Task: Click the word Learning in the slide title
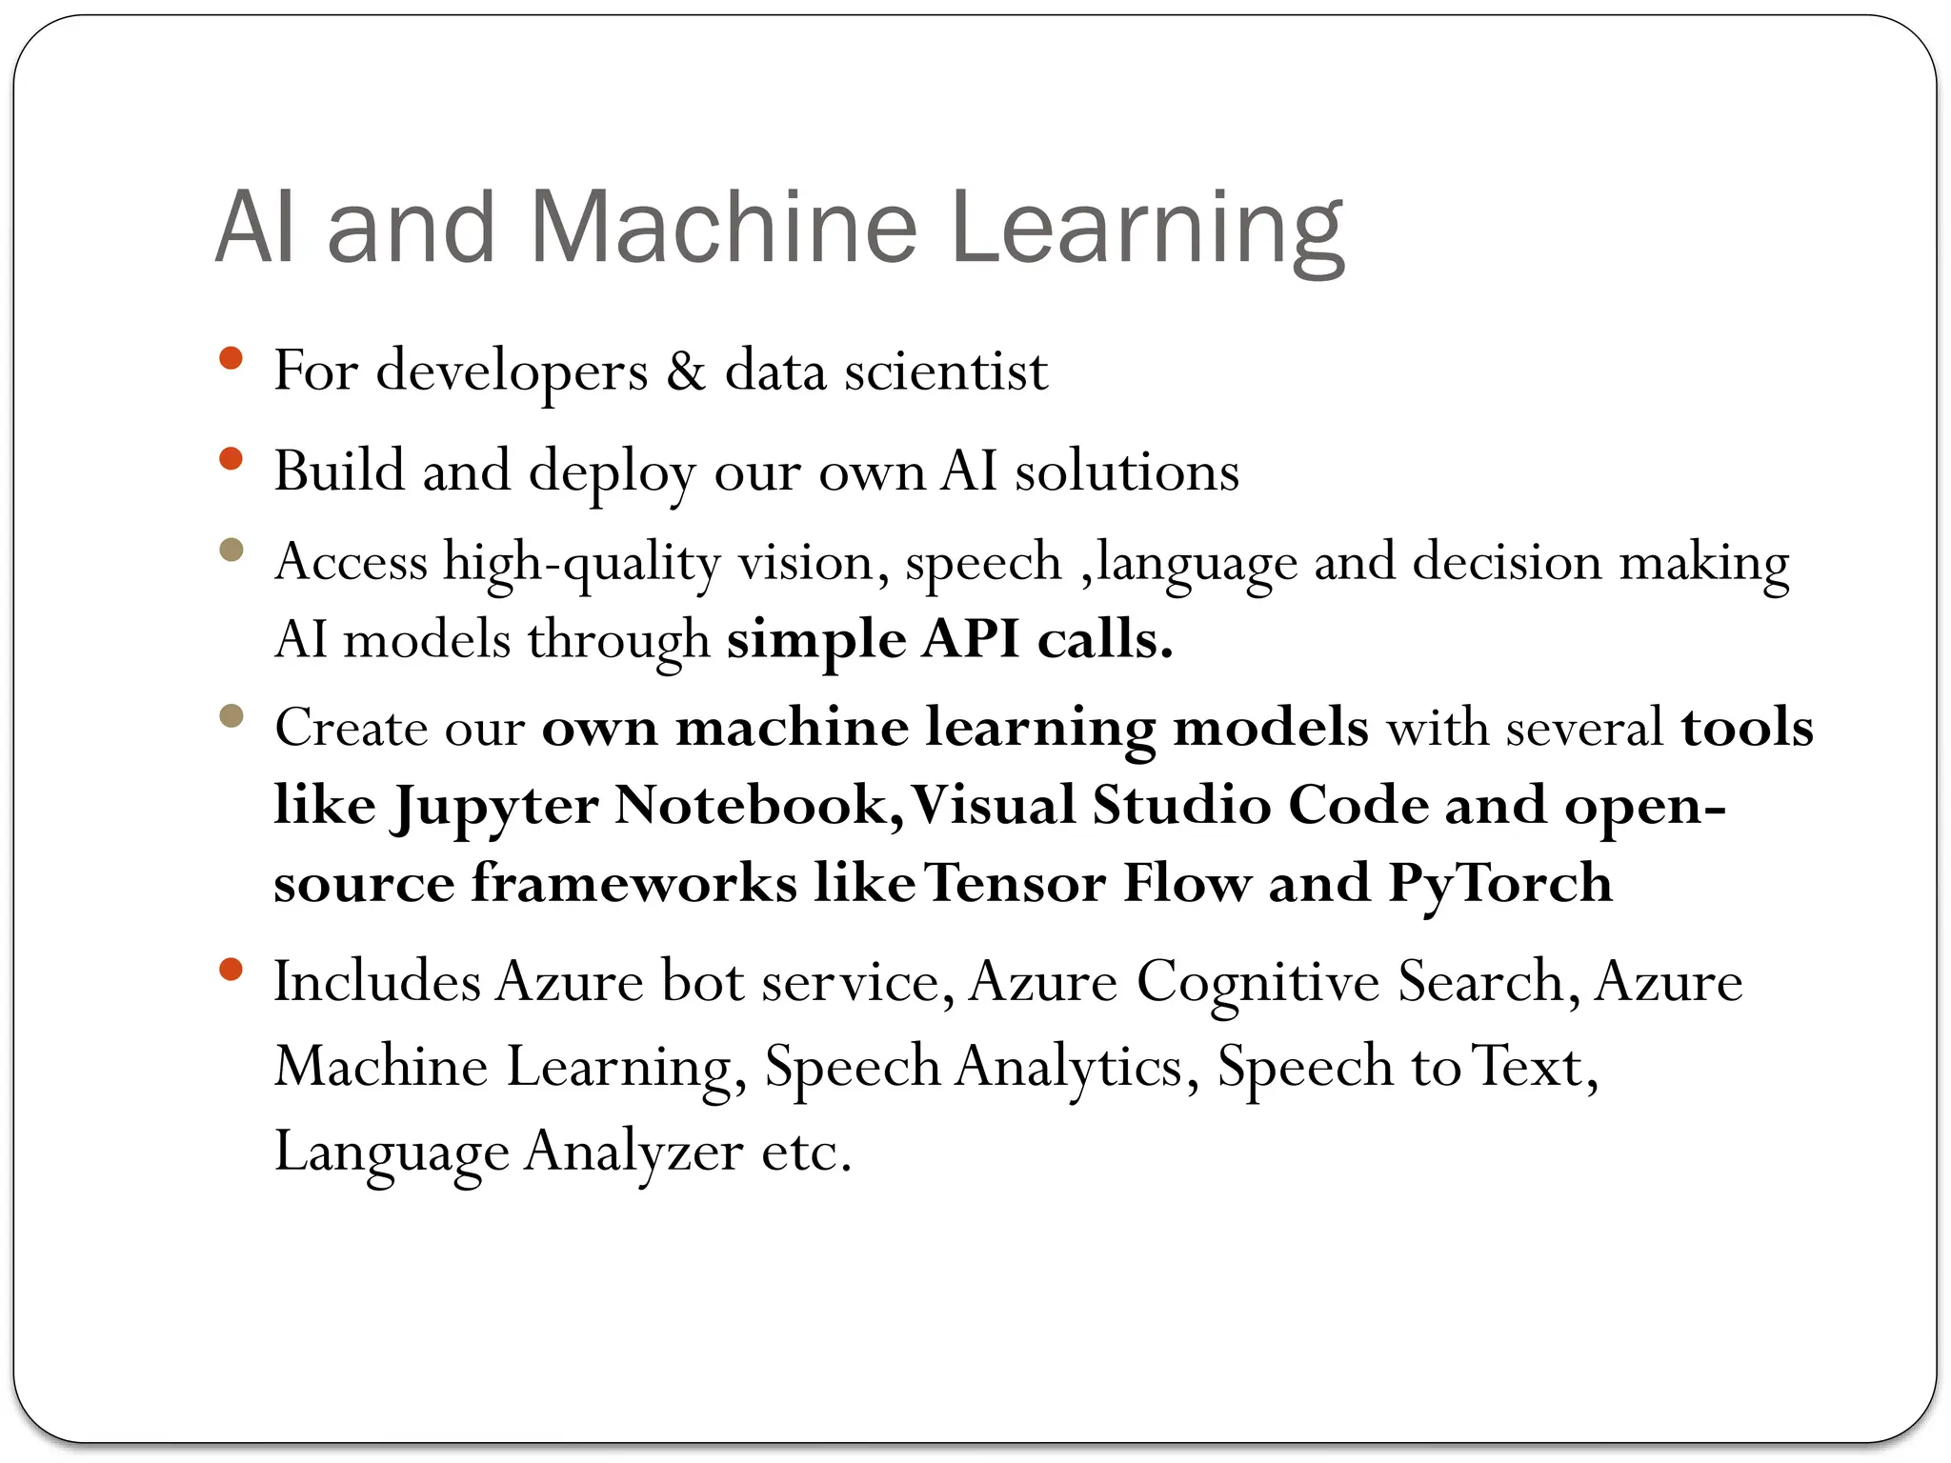tap(1147, 229)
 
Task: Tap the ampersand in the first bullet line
tap(686, 371)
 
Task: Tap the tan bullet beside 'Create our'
tap(231, 715)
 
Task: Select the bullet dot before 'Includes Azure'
tap(231, 970)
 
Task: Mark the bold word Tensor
tap(1015, 883)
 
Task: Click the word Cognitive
tap(1257, 982)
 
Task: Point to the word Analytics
tap(1076, 1067)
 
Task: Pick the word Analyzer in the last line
tap(634, 1152)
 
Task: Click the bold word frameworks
tap(634, 883)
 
